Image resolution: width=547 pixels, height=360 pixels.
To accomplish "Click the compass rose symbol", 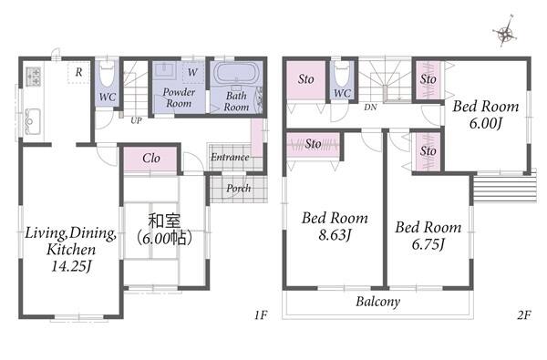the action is coord(504,32).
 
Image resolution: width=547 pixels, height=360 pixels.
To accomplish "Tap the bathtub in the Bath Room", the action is coord(237,73).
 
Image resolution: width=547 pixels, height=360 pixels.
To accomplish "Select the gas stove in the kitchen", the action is coord(34,77).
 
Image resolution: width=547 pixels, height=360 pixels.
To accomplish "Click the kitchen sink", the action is coord(33,122).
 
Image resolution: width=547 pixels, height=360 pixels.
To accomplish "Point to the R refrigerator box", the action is coord(78,72).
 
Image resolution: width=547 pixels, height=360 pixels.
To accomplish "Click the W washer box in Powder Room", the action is coord(192,72).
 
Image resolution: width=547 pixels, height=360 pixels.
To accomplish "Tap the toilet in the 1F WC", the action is coord(107,75).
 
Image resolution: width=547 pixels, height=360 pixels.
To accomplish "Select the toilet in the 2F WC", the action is coord(342,74).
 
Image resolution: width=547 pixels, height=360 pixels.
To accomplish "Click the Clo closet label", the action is coord(151,159).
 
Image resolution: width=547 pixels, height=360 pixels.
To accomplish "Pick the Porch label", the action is coord(239,189).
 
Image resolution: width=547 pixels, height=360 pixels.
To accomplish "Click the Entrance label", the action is coord(230,158).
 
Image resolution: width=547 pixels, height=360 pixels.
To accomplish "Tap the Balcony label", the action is coord(377,302).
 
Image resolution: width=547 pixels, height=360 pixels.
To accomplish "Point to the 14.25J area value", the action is coord(71,266).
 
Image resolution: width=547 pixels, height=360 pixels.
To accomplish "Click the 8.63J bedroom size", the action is coord(335,235).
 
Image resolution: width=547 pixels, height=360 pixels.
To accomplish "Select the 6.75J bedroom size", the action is coord(428,244).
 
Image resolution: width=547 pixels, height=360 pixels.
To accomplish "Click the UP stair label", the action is coord(137,120).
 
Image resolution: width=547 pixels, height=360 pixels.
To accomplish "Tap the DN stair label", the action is coord(370,108).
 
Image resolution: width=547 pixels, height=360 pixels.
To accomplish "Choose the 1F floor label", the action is coord(261,315).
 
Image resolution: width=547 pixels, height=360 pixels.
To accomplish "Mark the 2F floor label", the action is coord(524,315).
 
